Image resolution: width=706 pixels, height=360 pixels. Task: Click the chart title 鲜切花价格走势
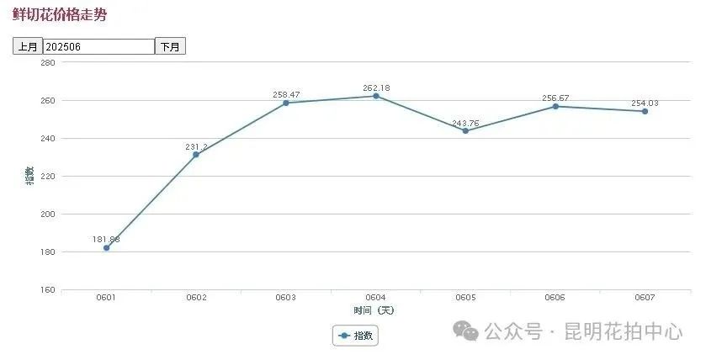pos(59,15)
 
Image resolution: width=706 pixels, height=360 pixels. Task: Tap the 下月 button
pos(170,46)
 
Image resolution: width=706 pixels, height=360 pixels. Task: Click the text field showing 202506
pos(98,46)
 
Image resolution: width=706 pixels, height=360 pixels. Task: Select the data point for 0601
pos(106,248)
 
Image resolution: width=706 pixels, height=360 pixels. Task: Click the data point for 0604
pos(375,96)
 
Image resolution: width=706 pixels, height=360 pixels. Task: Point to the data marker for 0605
pos(465,130)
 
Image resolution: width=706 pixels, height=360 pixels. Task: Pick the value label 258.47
pos(286,94)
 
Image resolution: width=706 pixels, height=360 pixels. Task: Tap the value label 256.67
pos(555,98)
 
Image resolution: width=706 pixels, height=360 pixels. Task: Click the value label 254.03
pos(645,103)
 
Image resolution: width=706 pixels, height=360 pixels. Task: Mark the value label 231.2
pos(196,146)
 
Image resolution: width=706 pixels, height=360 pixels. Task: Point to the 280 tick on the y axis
pos(47,63)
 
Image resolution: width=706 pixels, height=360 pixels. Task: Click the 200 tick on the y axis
pos(47,214)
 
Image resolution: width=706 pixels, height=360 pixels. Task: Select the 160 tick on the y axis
pos(47,290)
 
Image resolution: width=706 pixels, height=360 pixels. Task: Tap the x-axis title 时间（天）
pos(374,310)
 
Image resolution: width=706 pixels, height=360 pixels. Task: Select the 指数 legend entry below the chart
pos(356,336)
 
